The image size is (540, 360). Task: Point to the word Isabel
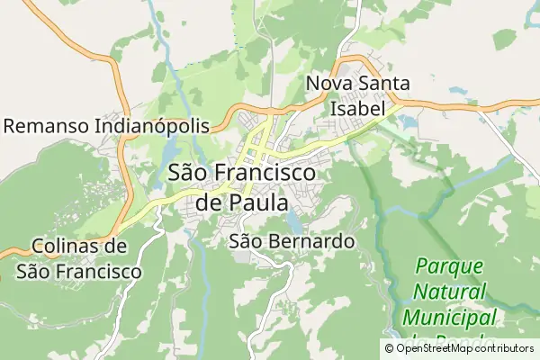click(358, 107)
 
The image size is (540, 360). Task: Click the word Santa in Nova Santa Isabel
click(382, 84)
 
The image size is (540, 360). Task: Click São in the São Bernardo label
click(245, 241)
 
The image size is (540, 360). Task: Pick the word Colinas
click(65, 247)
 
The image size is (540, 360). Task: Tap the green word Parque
click(450, 267)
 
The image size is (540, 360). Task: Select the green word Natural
click(450, 292)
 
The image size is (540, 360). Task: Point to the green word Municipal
click(450, 317)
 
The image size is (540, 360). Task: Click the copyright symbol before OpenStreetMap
click(390, 348)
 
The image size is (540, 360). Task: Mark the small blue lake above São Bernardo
click(294, 220)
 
